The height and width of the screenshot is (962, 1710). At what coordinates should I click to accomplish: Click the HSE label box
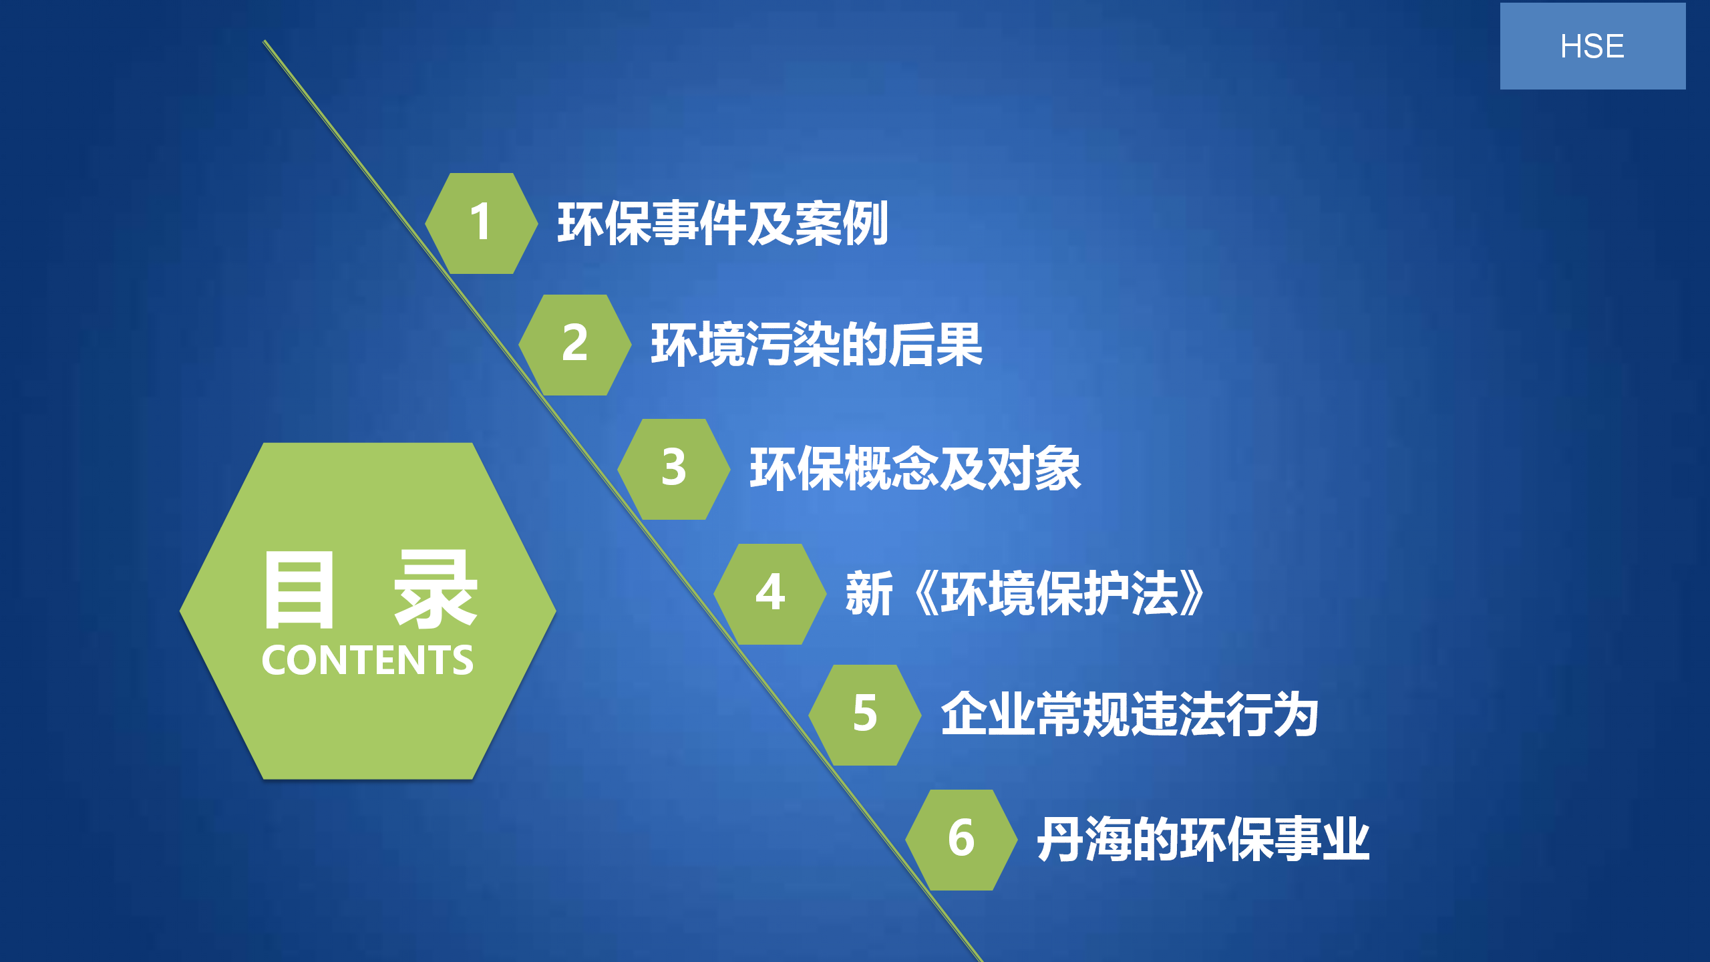[x=1592, y=46]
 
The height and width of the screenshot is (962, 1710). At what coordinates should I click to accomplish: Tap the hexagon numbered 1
[x=481, y=223]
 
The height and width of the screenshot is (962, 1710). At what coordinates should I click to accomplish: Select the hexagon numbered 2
[x=574, y=345]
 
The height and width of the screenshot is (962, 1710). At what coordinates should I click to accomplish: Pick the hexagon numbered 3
[x=673, y=469]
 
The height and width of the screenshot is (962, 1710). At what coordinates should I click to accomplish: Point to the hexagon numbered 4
[x=769, y=594]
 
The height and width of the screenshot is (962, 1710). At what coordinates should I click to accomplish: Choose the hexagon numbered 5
[x=864, y=715]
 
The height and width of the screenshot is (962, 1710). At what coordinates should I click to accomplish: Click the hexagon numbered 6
[x=961, y=840]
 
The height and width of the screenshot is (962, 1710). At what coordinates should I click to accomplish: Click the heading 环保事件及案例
[x=723, y=223]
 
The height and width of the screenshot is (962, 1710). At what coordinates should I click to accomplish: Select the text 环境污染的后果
[x=817, y=345]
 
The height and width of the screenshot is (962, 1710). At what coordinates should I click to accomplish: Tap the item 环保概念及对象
[x=915, y=469]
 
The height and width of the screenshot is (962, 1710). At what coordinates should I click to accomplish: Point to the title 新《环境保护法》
[x=1025, y=593]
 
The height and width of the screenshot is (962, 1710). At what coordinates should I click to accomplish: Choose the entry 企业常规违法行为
[x=1130, y=715]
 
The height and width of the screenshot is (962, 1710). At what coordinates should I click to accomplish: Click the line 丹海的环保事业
[x=1203, y=840]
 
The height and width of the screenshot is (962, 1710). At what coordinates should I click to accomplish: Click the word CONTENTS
[x=367, y=660]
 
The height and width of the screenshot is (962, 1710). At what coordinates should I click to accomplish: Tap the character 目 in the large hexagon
[x=299, y=590]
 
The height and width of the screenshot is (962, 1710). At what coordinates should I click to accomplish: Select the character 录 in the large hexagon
[x=436, y=590]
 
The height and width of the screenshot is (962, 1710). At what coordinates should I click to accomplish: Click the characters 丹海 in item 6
[x=1083, y=840]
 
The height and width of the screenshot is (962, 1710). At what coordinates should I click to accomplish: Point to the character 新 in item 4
[x=868, y=593]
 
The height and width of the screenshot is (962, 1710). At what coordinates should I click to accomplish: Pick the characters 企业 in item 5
[x=988, y=715]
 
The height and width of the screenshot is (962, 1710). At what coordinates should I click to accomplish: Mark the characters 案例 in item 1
[x=842, y=223]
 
